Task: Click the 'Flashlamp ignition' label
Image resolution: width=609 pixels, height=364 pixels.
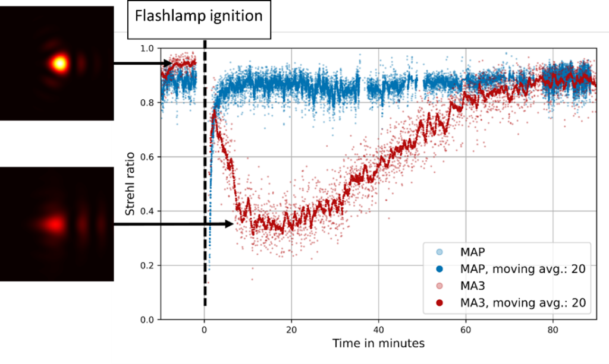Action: point(199,15)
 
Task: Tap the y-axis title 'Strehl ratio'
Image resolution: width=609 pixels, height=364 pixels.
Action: point(130,183)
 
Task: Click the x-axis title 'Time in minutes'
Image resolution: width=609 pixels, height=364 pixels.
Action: point(378,343)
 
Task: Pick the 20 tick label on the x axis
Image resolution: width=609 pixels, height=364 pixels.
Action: point(291,330)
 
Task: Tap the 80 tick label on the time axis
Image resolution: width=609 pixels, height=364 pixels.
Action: point(553,330)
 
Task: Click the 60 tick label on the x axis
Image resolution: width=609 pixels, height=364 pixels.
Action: point(466,330)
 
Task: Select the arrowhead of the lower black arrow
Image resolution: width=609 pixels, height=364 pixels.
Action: point(229,224)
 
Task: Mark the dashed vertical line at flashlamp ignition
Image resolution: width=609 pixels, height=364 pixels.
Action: point(205,178)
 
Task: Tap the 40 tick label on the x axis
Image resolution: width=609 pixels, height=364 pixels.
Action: point(378,330)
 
